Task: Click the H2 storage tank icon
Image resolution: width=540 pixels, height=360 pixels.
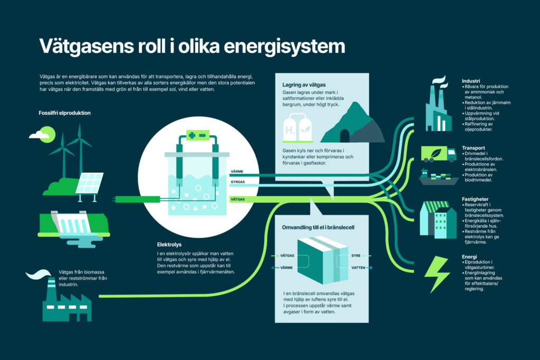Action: [x=297, y=130]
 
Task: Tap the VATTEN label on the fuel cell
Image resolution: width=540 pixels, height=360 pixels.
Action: [x=359, y=267]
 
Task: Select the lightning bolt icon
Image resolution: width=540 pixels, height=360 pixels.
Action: [x=437, y=274]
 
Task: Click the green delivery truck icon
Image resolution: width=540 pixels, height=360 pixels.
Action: [x=438, y=153]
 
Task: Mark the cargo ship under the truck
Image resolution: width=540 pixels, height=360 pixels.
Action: [x=438, y=177]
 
